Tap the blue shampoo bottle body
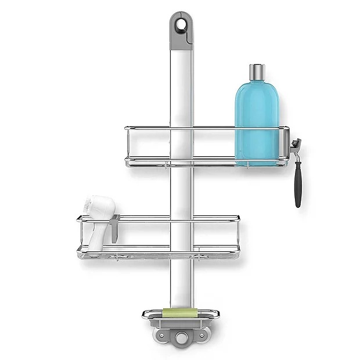click(x=257, y=122)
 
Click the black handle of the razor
click(x=298, y=184)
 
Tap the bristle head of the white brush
click(x=93, y=205)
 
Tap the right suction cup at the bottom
click(x=203, y=337)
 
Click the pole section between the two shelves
click(x=181, y=192)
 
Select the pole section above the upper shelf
click(x=181, y=87)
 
